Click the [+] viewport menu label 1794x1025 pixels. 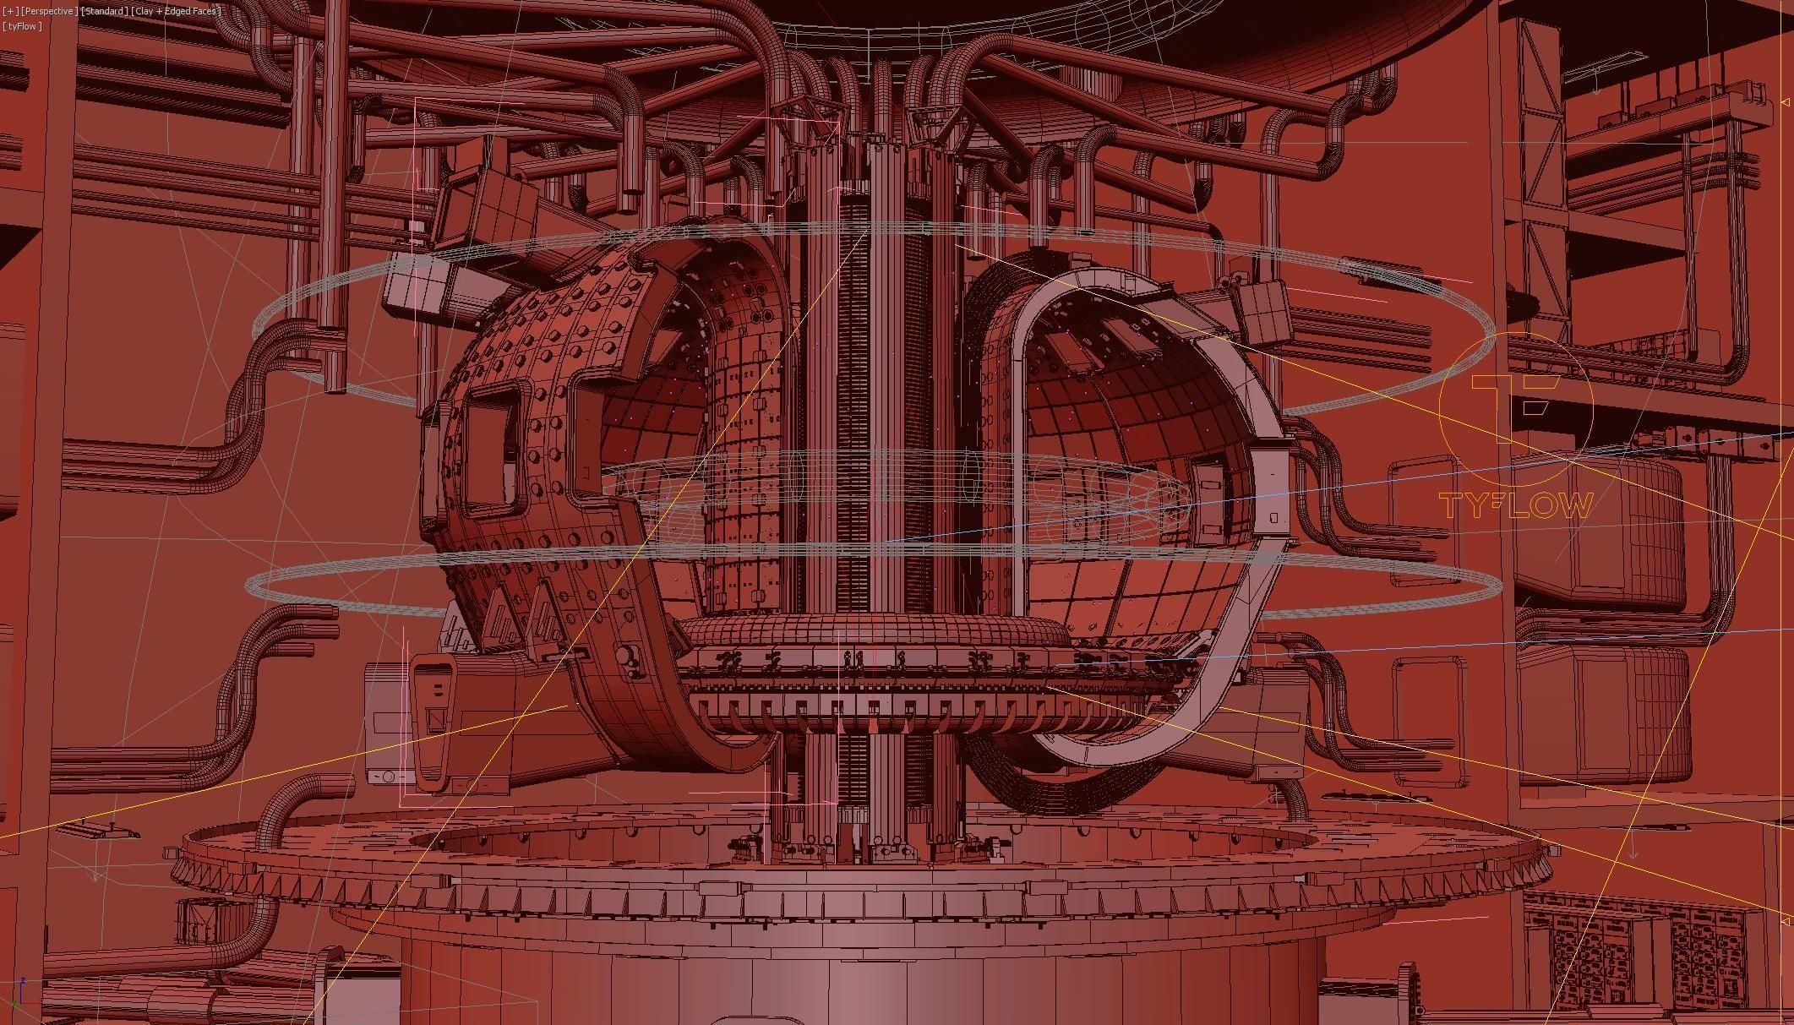9,11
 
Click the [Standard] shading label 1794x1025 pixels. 106,11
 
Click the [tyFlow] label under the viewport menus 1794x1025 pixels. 22,26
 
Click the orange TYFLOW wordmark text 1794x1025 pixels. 1516,506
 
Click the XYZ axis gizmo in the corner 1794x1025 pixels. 21,990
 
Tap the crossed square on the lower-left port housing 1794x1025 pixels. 436,720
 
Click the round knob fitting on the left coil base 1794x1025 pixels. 627,656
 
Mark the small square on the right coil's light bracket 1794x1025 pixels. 1273,517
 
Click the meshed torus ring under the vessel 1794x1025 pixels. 870,635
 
